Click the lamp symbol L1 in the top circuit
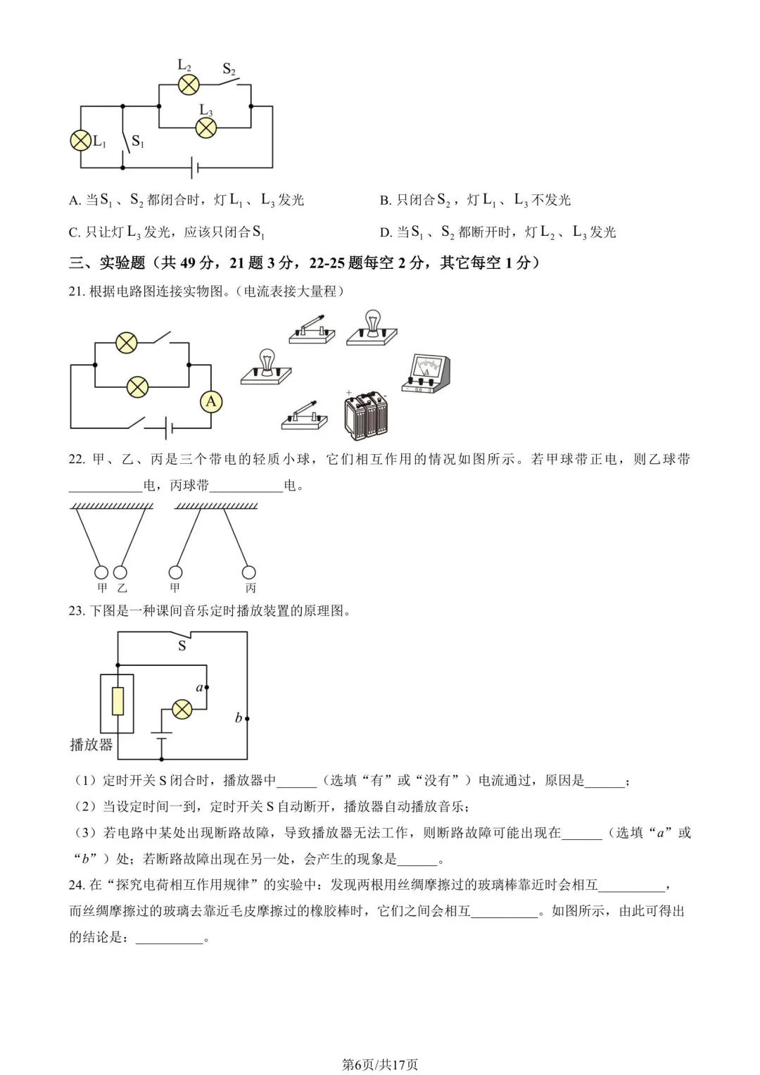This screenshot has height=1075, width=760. (81, 140)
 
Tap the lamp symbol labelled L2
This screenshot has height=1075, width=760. (188, 85)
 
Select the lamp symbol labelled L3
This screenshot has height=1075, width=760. (205, 128)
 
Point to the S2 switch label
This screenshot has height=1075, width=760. (229, 69)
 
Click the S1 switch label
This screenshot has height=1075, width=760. (138, 142)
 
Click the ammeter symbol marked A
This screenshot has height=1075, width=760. (210, 402)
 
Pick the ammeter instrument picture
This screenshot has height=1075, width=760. (426, 374)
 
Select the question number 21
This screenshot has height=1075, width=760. (76, 291)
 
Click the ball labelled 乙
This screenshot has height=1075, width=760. (121, 572)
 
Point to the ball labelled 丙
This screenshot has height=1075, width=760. (249, 572)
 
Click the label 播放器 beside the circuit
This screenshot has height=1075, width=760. (91, 745)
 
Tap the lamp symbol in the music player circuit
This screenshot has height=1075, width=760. (182, 709)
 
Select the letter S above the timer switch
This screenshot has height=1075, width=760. (182, 646)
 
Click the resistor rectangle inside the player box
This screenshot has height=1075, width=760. (118, 702)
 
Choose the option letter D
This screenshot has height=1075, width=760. (385, 233)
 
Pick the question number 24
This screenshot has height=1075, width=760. (76, 885)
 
